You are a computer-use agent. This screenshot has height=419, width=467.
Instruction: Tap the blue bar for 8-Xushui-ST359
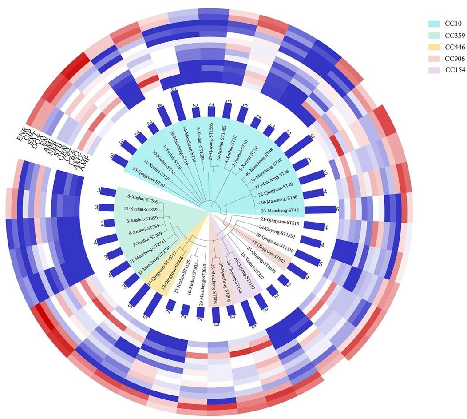107,192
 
